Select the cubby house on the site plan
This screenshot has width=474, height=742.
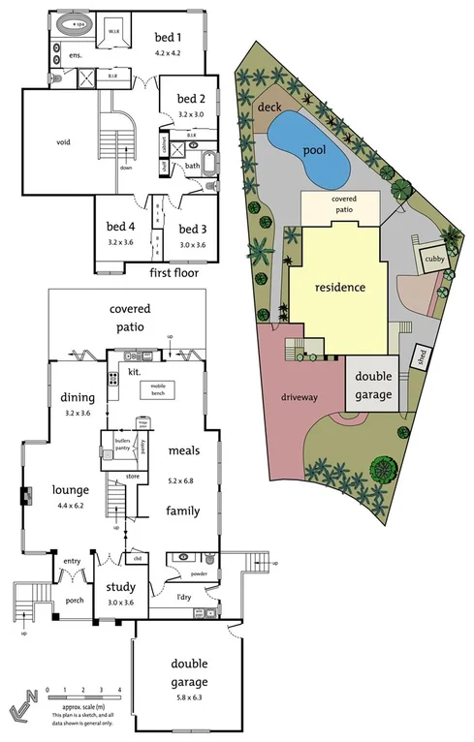[428, 261]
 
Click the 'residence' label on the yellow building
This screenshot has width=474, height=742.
[339, 288]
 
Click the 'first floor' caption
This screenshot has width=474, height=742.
[174, 273]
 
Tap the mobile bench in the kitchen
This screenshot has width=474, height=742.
[156, 389]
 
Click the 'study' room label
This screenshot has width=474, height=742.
[121, 587]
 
